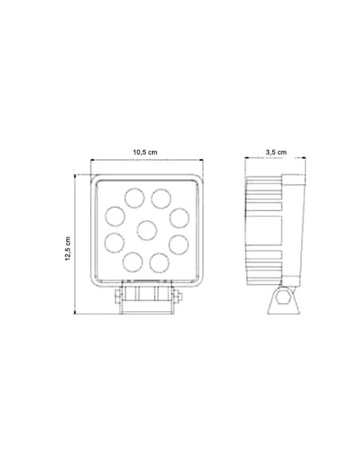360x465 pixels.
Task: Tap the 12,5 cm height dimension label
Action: coord(69,247)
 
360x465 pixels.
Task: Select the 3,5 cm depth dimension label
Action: coord(276,150)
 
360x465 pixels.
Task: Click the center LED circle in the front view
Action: coord(147,231)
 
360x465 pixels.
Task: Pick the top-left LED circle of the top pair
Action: coord(131,196)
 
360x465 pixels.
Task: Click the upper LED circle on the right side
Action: coord(178,215)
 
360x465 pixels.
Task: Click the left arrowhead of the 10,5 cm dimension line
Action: coord(94,159)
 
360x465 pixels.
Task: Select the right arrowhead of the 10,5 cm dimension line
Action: coord(202,159)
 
